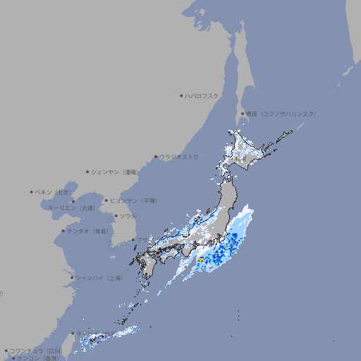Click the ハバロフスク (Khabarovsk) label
202,95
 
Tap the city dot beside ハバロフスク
181,95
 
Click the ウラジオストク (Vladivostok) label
179,157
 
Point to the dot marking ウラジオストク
156,157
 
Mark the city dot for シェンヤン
87,171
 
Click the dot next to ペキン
32,192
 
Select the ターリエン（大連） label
71,208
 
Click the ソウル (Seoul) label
128,216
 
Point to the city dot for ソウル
115,216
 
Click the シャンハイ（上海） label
99,278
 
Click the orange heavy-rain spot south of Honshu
201,259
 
